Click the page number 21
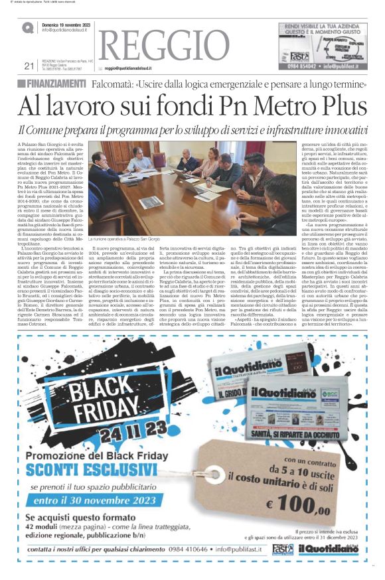click(x=29, y=65)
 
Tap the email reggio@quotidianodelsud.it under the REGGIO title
click(x=128, y=68)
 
